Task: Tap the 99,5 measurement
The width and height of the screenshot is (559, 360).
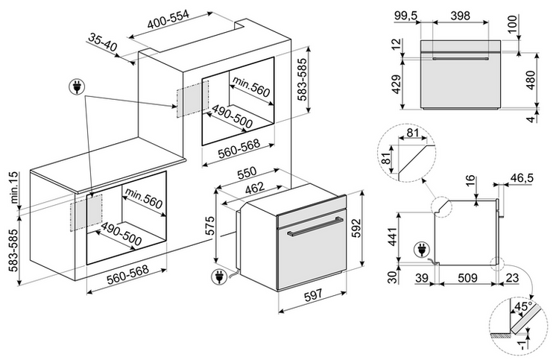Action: click(x=405, y=16)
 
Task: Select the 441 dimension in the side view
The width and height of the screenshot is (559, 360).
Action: click(x=394, y=236)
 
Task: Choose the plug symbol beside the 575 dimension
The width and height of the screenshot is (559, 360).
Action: click(x=218, y=279)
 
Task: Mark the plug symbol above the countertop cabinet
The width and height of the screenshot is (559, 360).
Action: click(x=75, y=87)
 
